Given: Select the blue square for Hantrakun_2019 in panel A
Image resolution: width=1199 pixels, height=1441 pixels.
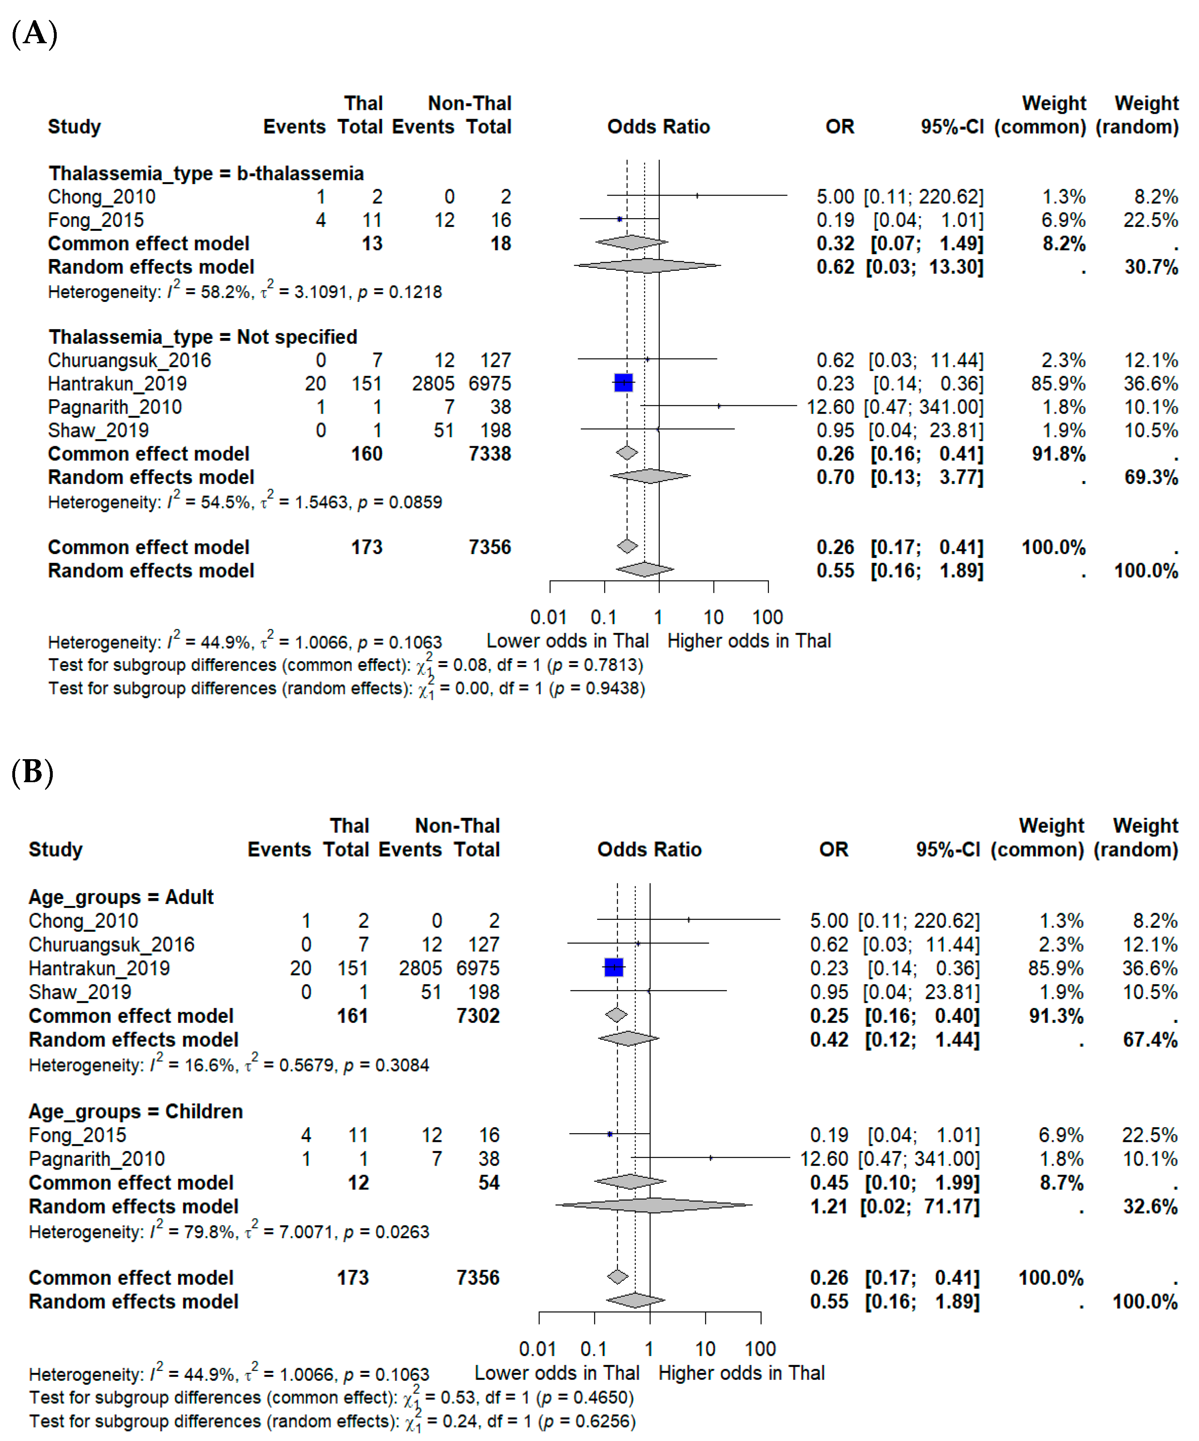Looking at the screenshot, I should point(623,383).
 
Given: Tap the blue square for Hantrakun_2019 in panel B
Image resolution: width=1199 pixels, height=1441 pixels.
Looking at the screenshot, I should point(613,967).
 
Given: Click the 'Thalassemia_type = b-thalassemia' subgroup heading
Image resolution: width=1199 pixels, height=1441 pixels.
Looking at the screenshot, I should point(206,174).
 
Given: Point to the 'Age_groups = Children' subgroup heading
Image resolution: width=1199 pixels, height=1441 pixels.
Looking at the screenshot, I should point(136,1112).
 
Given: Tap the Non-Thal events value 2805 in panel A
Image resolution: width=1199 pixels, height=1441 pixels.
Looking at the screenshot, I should point(433,384).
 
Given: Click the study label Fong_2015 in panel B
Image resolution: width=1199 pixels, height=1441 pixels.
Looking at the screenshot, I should point(77,1135).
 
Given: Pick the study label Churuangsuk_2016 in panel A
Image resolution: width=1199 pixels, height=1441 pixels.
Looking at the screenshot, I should point(129,360).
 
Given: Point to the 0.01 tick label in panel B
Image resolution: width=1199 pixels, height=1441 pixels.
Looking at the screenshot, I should point(537,1349).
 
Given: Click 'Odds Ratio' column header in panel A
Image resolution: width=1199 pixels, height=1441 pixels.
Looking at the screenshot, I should point(658,127).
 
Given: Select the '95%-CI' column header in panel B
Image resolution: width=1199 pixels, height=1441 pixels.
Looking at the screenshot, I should point(948,850).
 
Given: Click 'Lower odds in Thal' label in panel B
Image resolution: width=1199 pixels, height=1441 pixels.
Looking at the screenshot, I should point(557,1373).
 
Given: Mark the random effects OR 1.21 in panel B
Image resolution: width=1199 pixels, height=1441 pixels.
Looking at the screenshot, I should point(829,1206).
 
